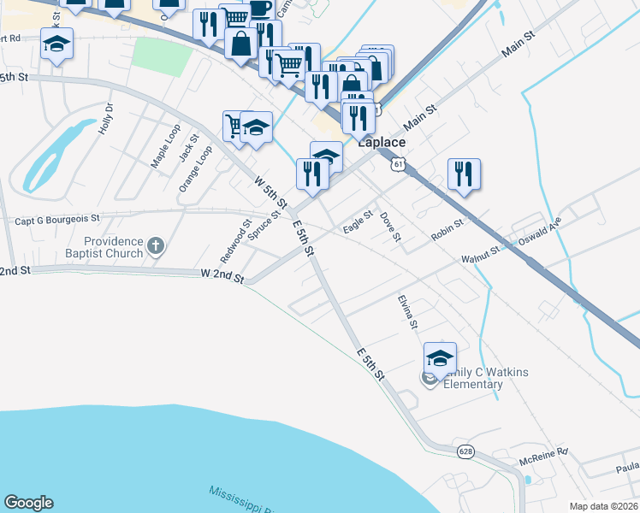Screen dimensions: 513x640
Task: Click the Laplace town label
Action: click(381, 142)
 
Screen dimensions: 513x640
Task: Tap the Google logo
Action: click(28, 503)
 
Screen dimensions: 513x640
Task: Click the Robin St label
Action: click(447, 229)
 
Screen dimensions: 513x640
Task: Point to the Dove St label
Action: click(390, 226)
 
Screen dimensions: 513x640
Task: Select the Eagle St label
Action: click(358, 222)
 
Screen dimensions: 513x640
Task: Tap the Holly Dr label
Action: click(107, 120)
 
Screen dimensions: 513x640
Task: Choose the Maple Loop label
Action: click(165, 145)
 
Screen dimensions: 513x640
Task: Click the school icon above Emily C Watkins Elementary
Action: click(440, 357)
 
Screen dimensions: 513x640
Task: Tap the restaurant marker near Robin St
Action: click(463, 174)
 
